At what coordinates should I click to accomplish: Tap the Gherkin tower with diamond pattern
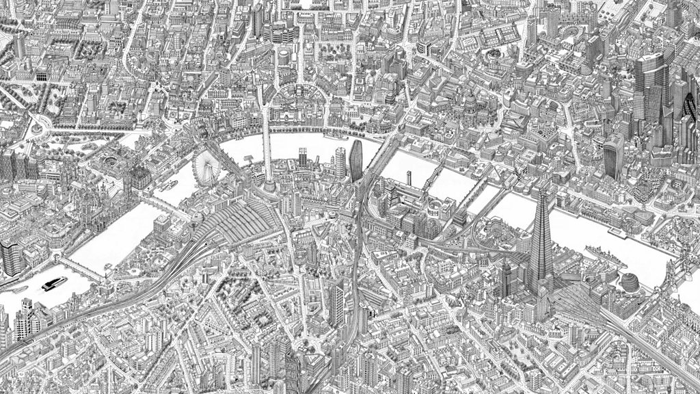(686, 109)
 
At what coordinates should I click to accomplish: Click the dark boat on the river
(53, 283)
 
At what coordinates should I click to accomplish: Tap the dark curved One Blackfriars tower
(355, 161)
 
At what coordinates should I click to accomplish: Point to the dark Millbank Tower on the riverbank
(11, 257)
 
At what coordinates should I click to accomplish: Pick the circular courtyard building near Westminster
(109, 164)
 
